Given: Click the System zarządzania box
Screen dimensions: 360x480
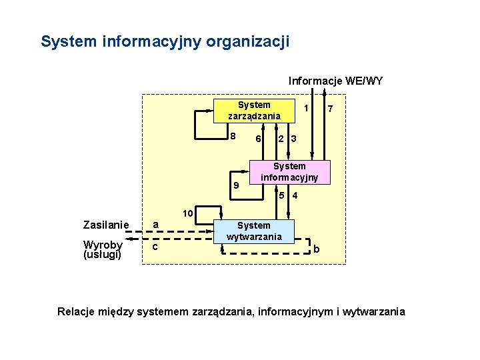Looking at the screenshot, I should [254, 111].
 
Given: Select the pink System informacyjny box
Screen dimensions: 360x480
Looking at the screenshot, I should [289, 172].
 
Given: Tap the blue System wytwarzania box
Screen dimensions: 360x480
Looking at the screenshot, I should [254, 231].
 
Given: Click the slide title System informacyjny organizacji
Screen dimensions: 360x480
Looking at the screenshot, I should [165, 41].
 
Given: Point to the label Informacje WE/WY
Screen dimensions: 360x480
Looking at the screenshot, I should [335, 81].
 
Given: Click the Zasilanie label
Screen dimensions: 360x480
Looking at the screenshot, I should [105, 225].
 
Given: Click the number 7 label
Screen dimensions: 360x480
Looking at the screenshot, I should [331, 109].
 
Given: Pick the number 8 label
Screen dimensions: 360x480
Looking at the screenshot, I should [232, 137].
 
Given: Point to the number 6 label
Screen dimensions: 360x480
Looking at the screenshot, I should [257, 139].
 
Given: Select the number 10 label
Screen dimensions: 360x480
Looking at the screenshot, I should [188, 213].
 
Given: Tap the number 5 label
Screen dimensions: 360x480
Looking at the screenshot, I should [283, 195].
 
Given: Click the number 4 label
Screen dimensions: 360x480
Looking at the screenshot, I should [295, 195].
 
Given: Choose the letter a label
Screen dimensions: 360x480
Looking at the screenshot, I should [155, 225].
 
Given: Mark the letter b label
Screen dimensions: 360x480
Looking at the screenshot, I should [317, 249].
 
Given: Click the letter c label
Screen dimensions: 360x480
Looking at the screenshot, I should [155, 247].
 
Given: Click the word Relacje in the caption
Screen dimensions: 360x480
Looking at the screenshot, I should [78, 311].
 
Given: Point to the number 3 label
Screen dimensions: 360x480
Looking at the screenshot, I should [293, 139].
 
